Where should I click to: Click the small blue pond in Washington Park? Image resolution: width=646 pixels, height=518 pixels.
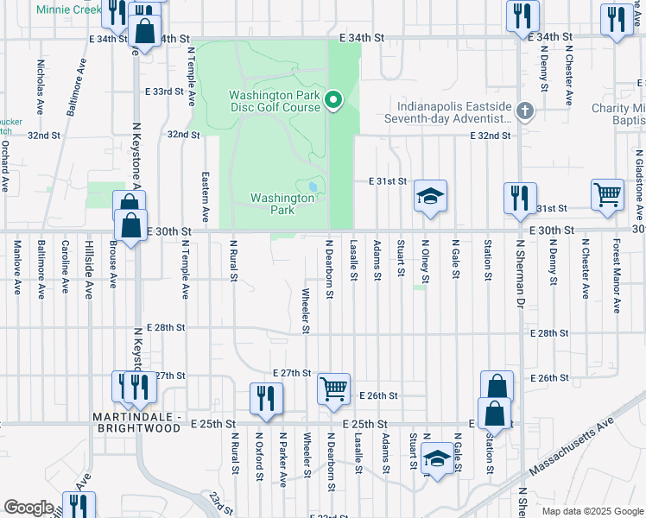tap(311, 186)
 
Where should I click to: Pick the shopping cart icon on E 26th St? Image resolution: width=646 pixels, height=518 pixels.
tap(333, 388)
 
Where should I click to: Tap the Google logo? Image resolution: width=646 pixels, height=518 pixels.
tap(28, 508)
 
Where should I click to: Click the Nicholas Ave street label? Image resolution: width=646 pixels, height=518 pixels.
tap(40, 87)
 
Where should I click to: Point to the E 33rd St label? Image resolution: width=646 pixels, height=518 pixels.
tap(164, 91)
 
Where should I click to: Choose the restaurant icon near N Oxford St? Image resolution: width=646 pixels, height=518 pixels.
tap(265, 398)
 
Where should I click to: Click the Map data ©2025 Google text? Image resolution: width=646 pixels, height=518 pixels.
tap(592, 511)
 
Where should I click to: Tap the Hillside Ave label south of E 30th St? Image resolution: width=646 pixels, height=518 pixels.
tap(88, 269)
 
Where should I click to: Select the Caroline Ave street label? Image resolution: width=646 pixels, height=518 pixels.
tap(65, 268)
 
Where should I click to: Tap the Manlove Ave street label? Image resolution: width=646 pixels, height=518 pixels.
tap(16, 268)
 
